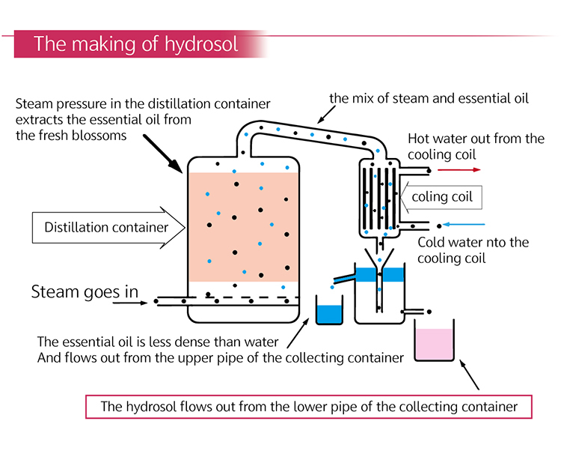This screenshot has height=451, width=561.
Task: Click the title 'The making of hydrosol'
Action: [x=136, y=43]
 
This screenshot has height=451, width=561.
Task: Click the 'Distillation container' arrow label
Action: [x=105, y=227]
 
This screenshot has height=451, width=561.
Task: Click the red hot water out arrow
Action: [x=459, y=170]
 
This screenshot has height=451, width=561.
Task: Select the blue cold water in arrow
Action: [x=465, y=224]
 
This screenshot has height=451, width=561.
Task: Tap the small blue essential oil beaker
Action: [x=328, y=312]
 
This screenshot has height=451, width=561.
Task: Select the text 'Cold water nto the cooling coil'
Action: [x=473, y=250]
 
